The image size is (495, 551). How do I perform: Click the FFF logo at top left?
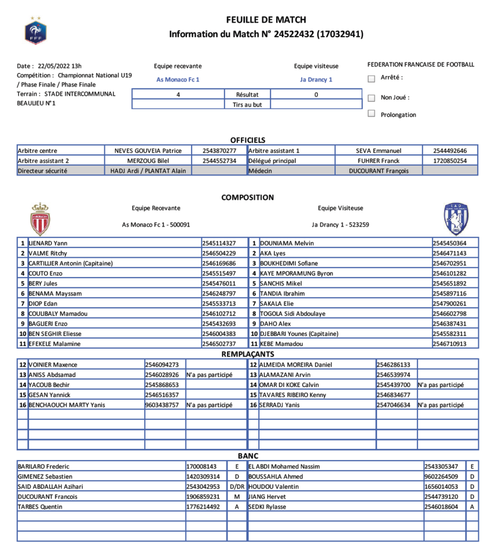[36, 30]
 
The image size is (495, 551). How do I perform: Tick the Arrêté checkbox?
[371, 79]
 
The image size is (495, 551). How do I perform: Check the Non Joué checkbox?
[371, 98]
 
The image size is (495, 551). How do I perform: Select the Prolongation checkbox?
[371, 114]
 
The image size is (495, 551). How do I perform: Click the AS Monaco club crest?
[40, 218]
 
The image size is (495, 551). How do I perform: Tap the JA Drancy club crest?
[456, 218]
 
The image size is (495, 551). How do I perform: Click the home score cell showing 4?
[178, 95]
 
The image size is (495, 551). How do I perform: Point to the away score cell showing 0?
[316, 95]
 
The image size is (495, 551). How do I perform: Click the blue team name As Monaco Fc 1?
[178, 80]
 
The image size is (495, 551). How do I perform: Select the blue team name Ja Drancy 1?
[316, 80]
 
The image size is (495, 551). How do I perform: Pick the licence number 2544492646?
[449, 151]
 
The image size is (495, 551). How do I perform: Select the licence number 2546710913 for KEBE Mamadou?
[449, 344]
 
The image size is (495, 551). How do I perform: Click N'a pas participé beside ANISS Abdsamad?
[209, 375]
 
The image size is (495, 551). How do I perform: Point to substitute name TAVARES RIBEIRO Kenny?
[293, 395]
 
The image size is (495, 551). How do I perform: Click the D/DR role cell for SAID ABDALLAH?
[237, 486]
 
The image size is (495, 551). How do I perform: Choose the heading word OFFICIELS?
[247, 140]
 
